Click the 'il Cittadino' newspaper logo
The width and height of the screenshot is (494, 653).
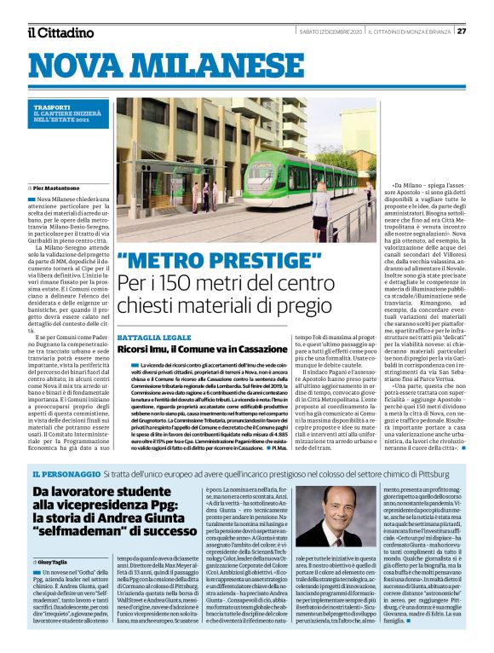click(x=60, y=32)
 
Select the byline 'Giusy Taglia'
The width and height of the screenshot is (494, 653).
click(x=57, y=563)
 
